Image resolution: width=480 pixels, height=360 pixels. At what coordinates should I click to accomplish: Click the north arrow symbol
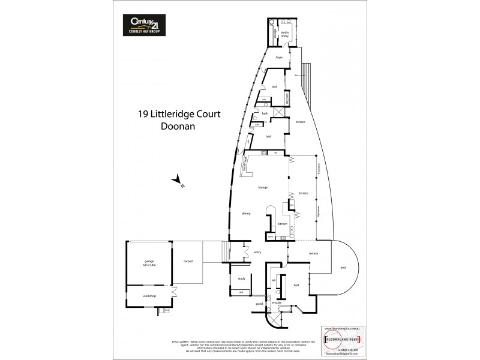pos(176,180)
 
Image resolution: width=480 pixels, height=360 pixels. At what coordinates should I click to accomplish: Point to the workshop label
pos(149,296)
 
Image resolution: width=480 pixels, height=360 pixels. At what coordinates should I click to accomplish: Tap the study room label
pos(241,278)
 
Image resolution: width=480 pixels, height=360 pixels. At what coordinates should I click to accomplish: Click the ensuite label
pos(277,303)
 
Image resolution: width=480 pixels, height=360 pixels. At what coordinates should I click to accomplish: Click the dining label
pos(246,213)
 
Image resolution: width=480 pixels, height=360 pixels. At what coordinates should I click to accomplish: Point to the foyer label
pos(279,58)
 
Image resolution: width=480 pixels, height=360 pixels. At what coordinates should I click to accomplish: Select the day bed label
pos(288,99)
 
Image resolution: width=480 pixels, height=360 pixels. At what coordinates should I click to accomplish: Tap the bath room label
pos(265,113)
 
